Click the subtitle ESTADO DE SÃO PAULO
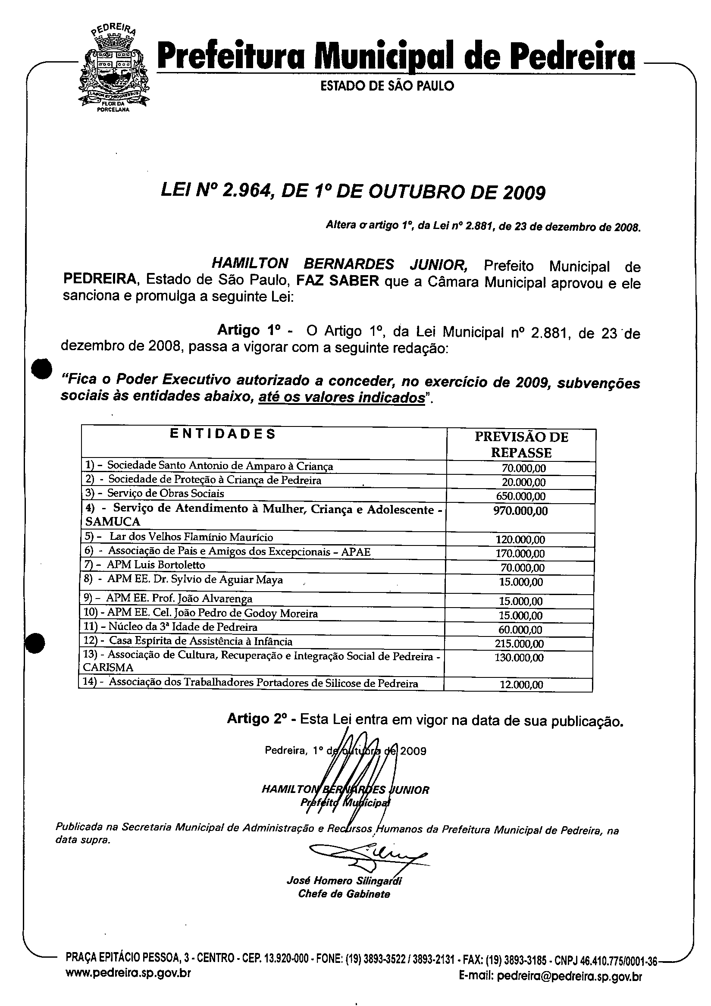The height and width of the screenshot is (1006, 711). point(387,86)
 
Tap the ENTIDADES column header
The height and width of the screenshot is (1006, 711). point(222,434)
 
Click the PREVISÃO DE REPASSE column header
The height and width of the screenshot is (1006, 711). point(521,444)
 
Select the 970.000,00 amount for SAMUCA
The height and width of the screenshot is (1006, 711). point(520,511)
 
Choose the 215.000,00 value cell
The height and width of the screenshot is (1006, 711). point(520,644)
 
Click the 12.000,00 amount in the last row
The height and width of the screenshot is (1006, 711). point(521,685)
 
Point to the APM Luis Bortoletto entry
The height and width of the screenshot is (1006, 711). point(156,565)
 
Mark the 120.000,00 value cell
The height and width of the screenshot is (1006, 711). point(520,539)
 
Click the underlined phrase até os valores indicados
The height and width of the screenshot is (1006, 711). point(341,398)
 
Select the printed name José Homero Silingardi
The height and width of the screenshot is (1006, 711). point(344,881)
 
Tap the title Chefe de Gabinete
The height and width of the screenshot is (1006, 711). point(344,894)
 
